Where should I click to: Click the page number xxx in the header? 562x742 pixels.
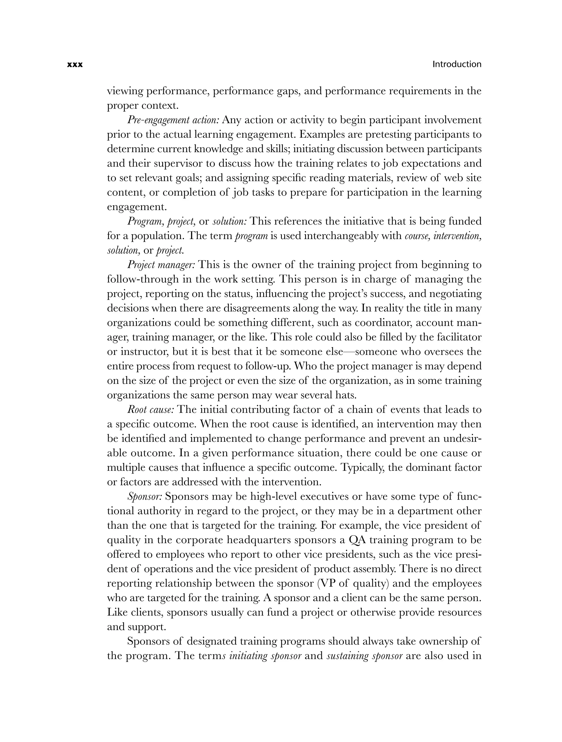[x=75, y=64]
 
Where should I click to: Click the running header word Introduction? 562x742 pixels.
[x=457, y=64]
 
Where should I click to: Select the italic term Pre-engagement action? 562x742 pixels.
[x=173, y=120]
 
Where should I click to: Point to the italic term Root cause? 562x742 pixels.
[x=151, y=410]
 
